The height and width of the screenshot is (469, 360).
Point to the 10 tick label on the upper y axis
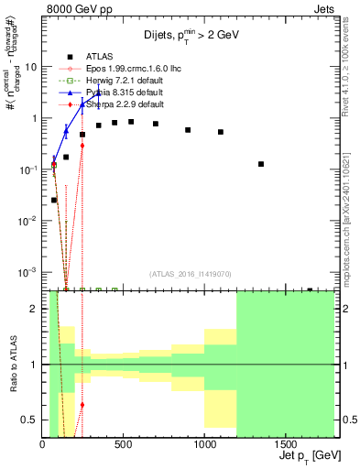[x=30, y=67]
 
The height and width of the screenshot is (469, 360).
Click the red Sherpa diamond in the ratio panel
[x=82, y=404]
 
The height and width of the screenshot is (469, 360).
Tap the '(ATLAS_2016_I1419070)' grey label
[x=190, y=273]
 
